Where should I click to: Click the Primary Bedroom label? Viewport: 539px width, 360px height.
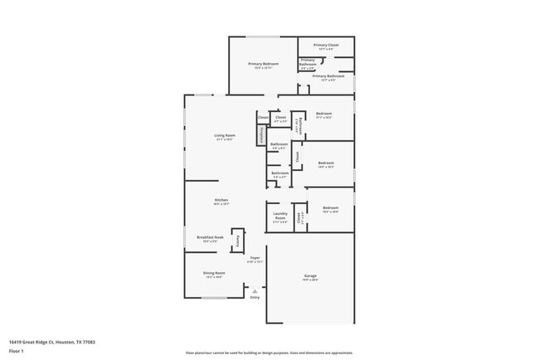(x=263, y=64)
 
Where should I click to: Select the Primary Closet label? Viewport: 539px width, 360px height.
(x=326, y=46)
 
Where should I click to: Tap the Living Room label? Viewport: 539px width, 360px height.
(x=225, y=135)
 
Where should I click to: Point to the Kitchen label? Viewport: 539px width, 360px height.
(x=221, y=200)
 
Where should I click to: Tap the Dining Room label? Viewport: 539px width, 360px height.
(x=214, y=273)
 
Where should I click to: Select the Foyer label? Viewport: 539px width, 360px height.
(x=255, y=258)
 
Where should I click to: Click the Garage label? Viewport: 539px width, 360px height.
(x=310, y=275)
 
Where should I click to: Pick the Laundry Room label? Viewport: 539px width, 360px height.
(x=280, y=217)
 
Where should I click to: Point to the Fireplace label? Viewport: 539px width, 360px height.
(x=261, y=134)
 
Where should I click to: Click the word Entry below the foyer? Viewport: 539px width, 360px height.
(x=255, y=297)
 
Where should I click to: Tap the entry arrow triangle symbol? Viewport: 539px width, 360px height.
(x=255, y=290)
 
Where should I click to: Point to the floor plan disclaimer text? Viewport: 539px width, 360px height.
(x=269, y=353)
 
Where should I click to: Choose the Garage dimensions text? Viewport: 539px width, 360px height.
(x=310, y=280)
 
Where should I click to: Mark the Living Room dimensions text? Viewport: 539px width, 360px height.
(x=225, y=140)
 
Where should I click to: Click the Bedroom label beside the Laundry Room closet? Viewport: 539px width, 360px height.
(x=331, y=207)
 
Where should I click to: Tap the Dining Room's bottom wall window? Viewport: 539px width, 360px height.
(x=213, y=297)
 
